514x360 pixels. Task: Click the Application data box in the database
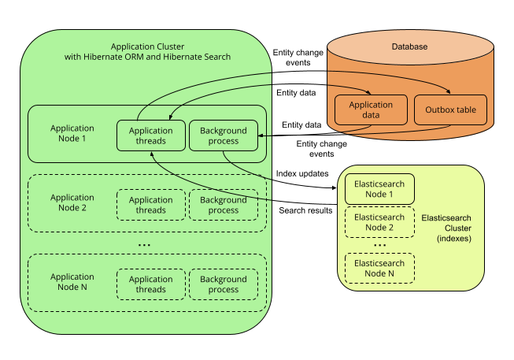(x=370, y=109)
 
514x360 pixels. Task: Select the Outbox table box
(x=450, y=109)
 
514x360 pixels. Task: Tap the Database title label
(x=409, y=47)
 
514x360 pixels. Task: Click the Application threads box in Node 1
(x=150, y=136)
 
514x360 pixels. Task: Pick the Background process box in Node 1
(x=224, y=136)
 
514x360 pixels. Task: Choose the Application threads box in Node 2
(x=150, y=205)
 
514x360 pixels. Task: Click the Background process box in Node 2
(x=224, y=205)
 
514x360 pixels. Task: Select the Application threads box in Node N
(x=150, y=284)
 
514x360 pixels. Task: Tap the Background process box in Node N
(x=224, y=284)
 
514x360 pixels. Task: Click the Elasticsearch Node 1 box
(x=380, y=189)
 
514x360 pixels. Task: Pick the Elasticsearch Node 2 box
(x=380, y=222)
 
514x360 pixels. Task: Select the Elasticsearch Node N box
(x=380, y=269)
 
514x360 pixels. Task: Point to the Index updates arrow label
(x=301, y=173)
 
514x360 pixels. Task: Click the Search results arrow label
(x=305, y=210)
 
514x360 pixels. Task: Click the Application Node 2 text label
(x=72, y=202)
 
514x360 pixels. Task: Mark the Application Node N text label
(x=72, y=282)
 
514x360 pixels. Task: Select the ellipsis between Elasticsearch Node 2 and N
(x=380, y=244)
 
